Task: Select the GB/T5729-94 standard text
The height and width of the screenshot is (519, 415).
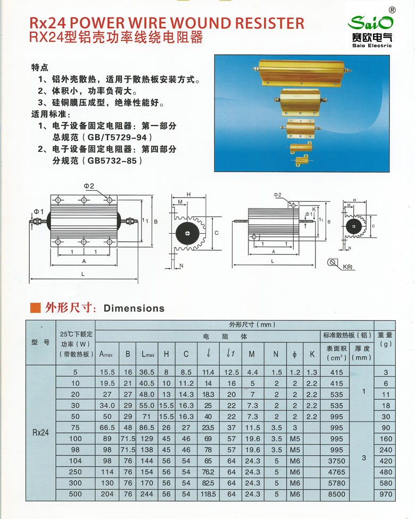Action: (x=115, y=137)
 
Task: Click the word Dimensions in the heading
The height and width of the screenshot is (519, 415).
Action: (x=134, y=308)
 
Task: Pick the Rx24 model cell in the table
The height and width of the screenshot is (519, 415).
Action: (x=40, y=433)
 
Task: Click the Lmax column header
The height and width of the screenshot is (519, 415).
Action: (x=147, y=353)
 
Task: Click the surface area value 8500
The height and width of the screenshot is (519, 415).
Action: (x=336, y=494)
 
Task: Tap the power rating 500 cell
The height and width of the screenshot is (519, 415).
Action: (x=76, y=494)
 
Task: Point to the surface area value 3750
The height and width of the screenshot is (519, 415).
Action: (x=336, y=461)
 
